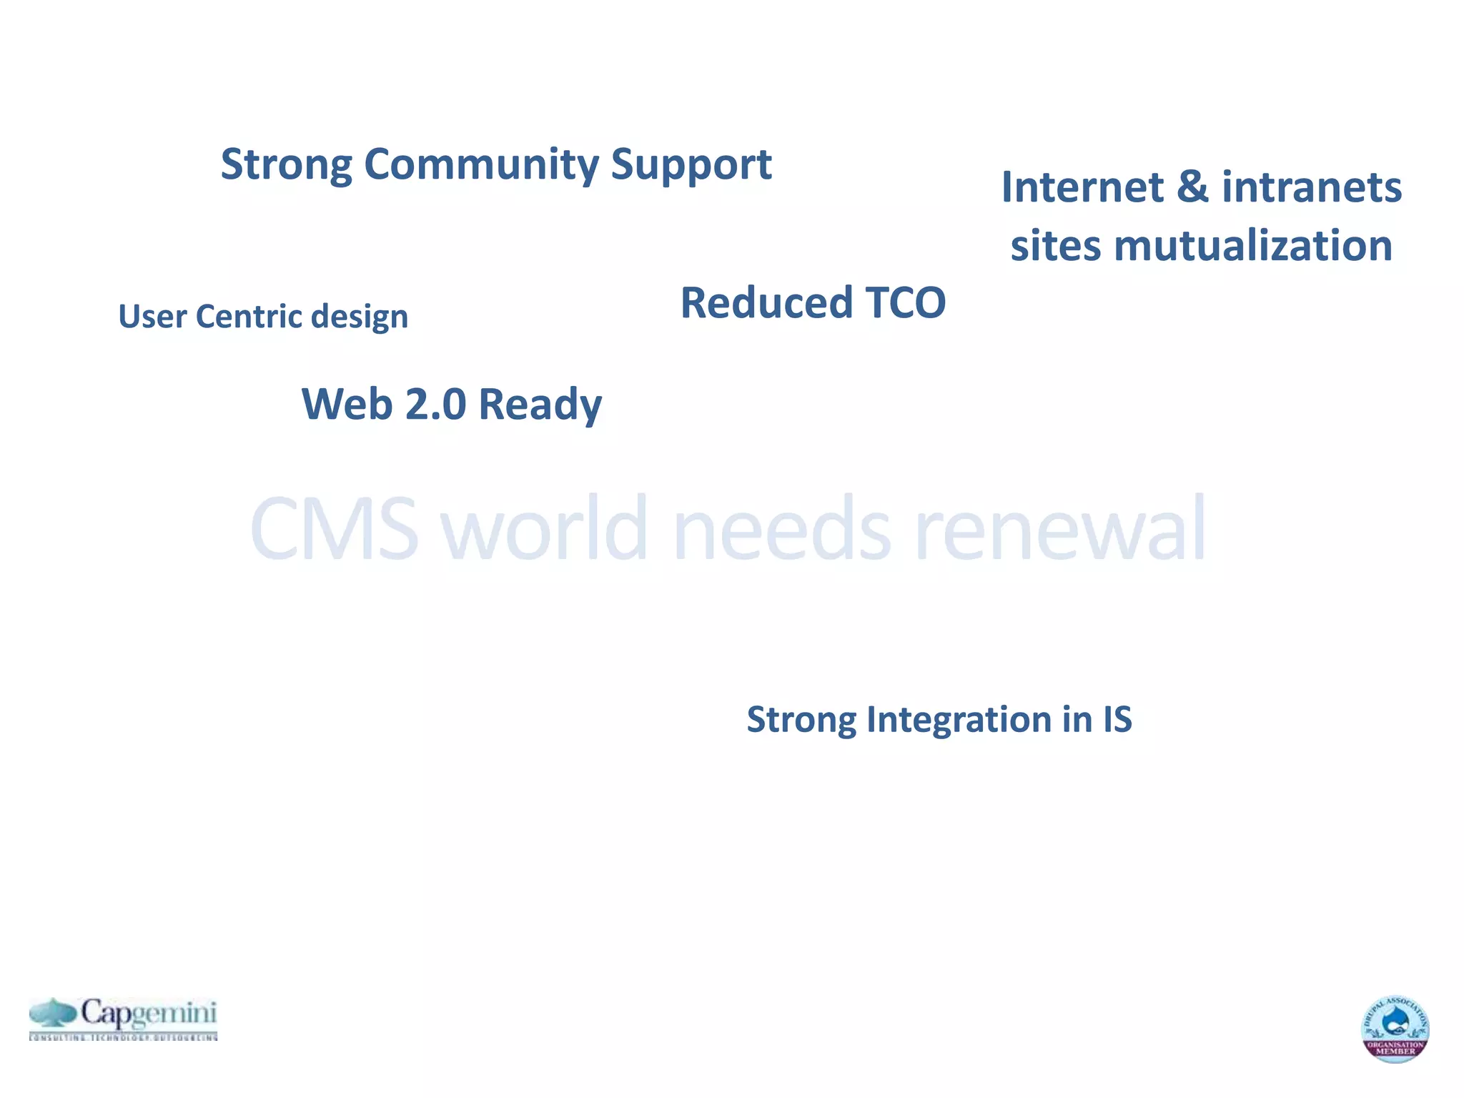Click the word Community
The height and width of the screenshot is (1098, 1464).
[482, 164]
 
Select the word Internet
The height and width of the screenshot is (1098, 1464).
[1082, 187]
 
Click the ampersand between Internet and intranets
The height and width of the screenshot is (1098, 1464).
[1192, 187]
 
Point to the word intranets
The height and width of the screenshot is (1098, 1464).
[1312, 187]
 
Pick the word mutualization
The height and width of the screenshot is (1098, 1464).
[1253, 246]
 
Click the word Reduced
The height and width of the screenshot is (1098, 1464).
[766, 302]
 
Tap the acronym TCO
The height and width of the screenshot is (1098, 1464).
[906, 302]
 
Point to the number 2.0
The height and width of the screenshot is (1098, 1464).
[435, 404]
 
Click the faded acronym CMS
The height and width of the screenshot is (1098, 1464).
[335, 530]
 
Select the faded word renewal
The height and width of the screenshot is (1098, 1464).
[1060, 530]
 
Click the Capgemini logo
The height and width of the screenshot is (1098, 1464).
[123, 1018]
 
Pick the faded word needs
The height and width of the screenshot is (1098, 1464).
[782, 530]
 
